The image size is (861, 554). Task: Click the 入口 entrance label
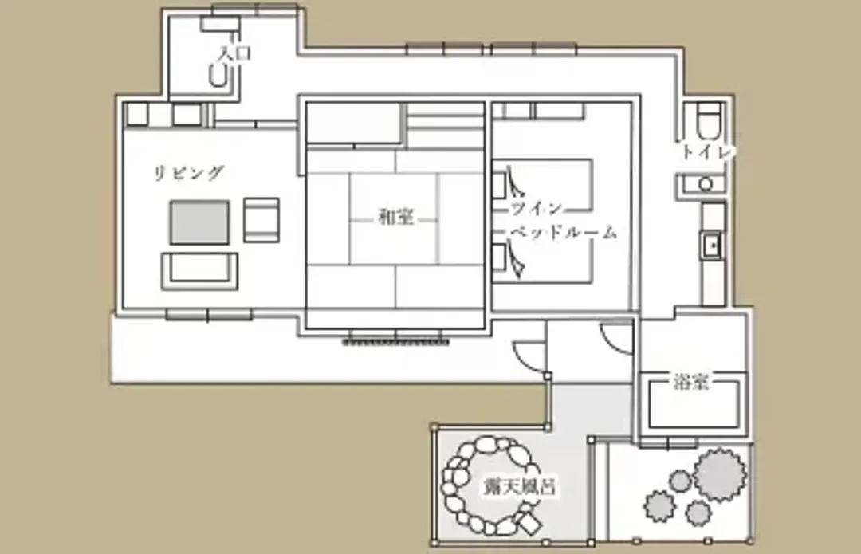[234, 53]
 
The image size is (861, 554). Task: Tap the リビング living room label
[189, 172]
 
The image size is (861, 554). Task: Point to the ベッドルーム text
[564, 232]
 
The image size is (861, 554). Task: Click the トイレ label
[706, 151]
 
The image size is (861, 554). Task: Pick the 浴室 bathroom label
[690, 382]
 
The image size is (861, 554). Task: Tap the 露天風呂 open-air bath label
[520, 486]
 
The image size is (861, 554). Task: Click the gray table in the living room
[199, 222]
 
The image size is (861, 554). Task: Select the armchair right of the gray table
[261, 220]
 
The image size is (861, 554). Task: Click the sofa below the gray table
[199, 271]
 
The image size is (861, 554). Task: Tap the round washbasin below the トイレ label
[706, 184]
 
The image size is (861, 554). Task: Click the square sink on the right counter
[712, 246]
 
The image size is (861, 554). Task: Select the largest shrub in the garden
[720, 474]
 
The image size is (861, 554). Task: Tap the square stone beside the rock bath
[529, 523]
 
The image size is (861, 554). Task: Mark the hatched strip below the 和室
[395, 342]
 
